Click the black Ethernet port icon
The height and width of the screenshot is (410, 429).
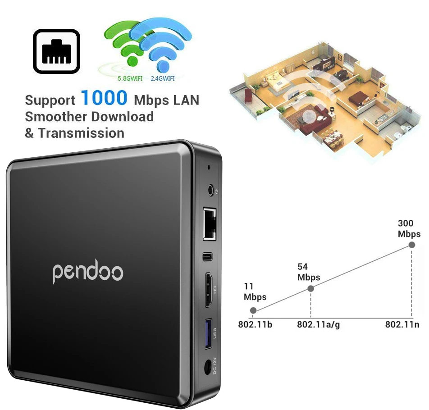point(57,52)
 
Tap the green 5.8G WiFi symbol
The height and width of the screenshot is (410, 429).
point(128,45)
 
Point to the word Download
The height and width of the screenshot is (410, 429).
point(122,117)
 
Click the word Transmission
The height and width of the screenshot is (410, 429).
point(81,133)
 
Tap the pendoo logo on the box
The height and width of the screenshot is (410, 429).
point(88,272)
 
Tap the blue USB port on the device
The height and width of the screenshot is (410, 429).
point(209,334)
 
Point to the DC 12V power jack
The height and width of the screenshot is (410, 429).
point(208,368)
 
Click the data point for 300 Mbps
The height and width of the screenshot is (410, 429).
point(411,245)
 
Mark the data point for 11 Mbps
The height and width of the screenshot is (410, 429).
point(253,310)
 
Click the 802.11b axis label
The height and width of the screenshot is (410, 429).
point(255,324)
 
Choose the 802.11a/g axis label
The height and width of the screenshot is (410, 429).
point(318,324)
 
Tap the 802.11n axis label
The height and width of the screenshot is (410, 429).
point(402,324)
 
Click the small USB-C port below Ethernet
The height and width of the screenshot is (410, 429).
point(208,257)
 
